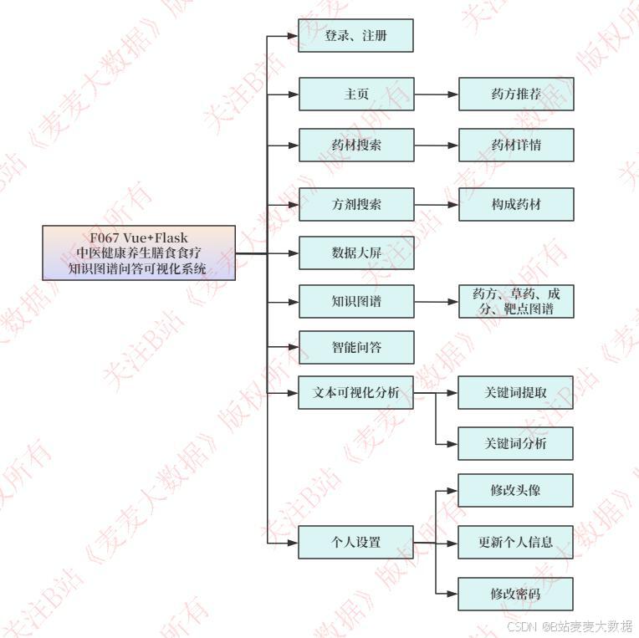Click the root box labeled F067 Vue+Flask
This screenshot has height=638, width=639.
coord(139,253)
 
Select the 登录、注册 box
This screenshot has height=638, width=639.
coord(355,36)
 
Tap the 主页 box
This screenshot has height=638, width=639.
coord(355,94)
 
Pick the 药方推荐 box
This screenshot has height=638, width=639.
coord(516,94)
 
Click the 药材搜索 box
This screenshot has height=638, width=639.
coord(355,145)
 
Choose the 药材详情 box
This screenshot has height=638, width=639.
coord(516,145)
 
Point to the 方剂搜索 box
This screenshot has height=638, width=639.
coord(355,204)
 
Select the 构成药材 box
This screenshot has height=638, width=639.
coord(516,204)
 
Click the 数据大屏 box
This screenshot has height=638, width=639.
coord(355,253)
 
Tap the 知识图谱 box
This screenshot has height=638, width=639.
coord(355,301)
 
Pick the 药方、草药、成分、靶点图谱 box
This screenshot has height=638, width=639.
coord(516,301)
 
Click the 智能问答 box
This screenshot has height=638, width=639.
coord(355,347)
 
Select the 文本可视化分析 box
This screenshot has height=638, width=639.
coord(355,392)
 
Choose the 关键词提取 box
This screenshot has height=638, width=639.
coord(516,392)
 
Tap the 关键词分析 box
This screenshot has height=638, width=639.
coord(516,443)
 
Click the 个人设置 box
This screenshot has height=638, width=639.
coord(355,542)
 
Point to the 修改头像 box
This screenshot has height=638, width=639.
coord(516,490)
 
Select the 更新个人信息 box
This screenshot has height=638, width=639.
coord(516,542)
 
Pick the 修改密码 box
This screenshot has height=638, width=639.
coord(516,594)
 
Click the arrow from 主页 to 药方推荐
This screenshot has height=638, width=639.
coord(436,94)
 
